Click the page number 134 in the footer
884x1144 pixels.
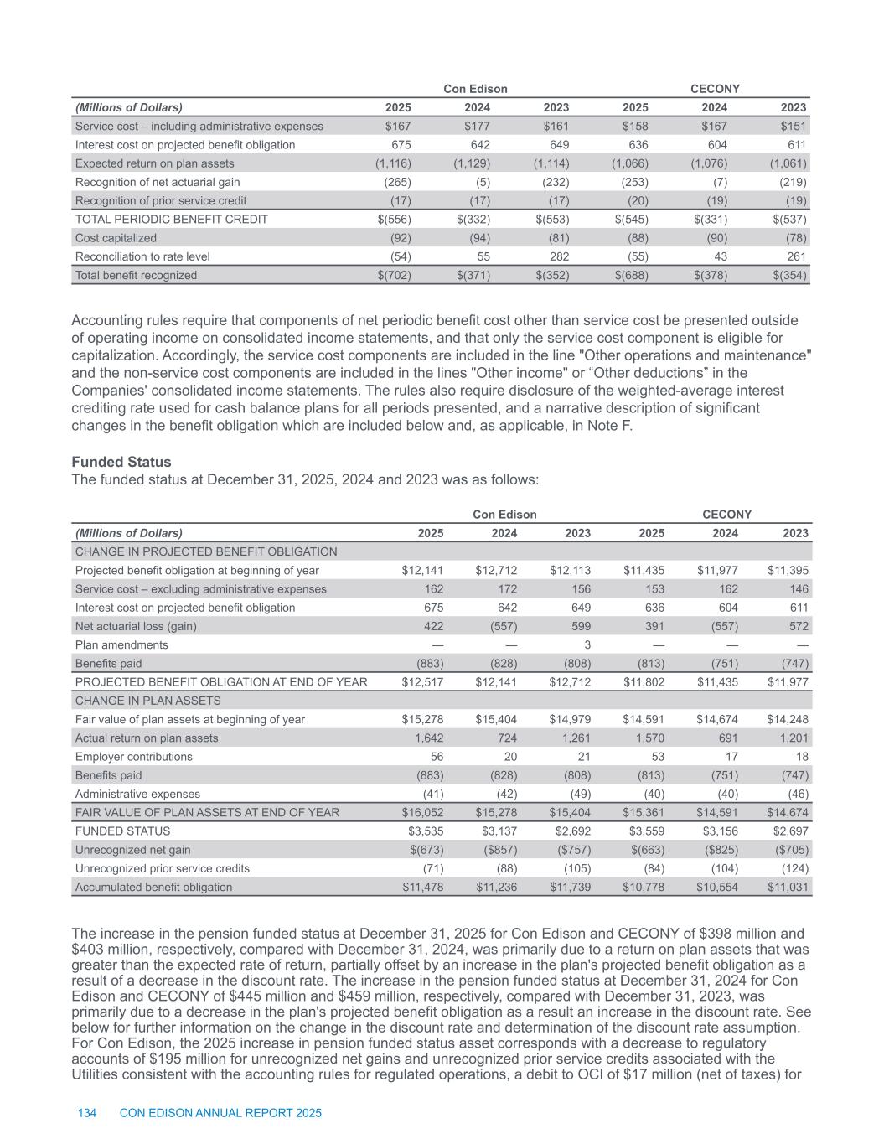(87, 1113)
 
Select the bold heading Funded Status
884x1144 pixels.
(121, 462)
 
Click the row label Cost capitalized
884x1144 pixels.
(116, 238)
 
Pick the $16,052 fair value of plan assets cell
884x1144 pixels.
(423, 812)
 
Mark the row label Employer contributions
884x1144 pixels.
(134, 757)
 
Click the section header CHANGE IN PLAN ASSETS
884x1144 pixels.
(148, 701)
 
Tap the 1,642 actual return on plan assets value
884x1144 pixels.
(429, 738)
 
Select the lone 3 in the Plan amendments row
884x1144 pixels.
(588, 645)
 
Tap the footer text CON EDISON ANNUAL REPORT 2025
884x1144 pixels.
(221, 1113)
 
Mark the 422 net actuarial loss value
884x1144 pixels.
(433, 626)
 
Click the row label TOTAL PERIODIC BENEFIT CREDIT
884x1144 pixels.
(172, 220)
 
